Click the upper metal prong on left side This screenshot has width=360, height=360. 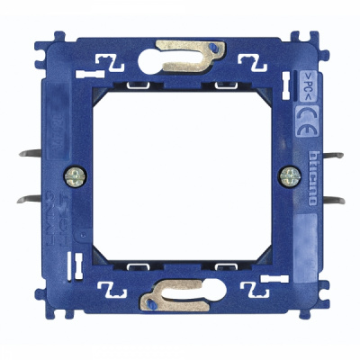pos(41,153)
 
